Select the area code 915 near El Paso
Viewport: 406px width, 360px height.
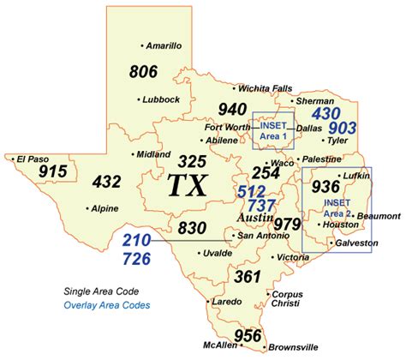[x=53, y=171]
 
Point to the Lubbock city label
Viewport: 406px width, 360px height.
[x=160, y=99]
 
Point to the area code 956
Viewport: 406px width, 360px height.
[x=248, y=335]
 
